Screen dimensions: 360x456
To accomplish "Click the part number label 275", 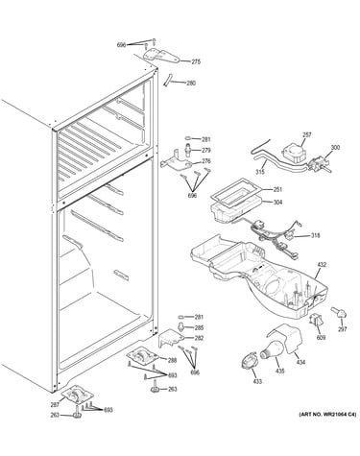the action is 196,62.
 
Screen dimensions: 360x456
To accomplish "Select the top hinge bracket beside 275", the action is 160,56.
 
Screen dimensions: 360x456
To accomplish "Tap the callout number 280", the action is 191,84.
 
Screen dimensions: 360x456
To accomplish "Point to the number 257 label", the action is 307,135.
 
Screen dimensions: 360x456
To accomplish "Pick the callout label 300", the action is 335,148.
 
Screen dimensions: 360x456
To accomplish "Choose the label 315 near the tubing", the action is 260,172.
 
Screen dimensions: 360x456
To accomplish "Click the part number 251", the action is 277,190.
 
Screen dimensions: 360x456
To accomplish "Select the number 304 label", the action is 277,203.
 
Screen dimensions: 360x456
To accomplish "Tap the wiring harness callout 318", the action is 315,236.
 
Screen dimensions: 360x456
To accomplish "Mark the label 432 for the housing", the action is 322,265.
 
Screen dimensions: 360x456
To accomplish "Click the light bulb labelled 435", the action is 273,350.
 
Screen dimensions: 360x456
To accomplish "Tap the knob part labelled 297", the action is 340,312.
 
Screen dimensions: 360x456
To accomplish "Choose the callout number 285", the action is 199,328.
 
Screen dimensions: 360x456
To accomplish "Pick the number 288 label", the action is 172,361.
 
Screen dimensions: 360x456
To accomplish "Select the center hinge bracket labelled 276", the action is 175,162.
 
